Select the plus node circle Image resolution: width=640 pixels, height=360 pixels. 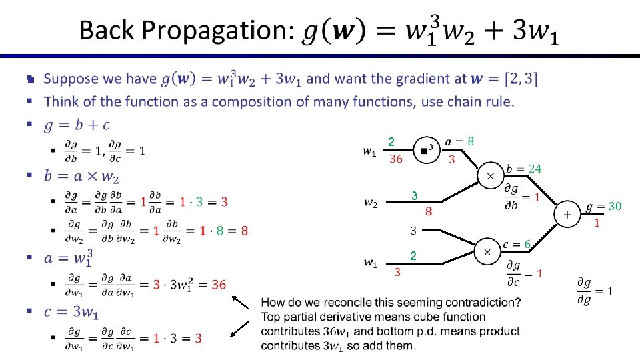567,215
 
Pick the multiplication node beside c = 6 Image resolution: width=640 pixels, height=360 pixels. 487,252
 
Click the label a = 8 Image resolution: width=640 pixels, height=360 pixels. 460,141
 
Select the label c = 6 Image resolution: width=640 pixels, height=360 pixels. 518,245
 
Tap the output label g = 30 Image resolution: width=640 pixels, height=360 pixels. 603,206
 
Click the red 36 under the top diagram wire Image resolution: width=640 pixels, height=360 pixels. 396,159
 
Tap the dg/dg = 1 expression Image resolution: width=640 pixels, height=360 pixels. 594,291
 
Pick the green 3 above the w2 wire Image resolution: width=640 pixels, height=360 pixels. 414,196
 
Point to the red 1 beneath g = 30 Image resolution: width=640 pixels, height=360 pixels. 597,223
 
